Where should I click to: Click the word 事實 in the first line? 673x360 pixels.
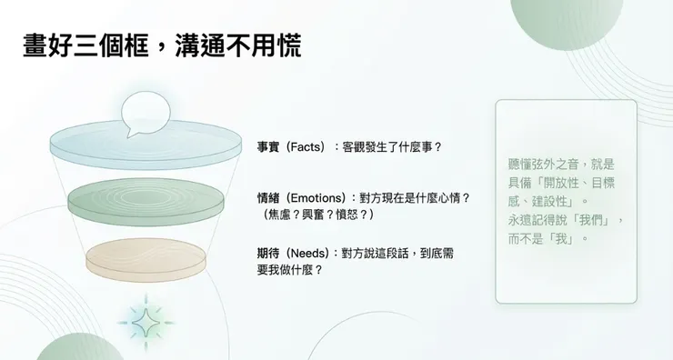268,146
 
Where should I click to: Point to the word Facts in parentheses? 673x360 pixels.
306,146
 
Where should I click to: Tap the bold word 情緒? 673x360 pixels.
268,197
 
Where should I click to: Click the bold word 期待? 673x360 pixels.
268,254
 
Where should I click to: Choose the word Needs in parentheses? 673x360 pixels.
306,254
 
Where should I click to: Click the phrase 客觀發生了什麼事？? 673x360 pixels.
392,146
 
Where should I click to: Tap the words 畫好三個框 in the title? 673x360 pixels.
82,46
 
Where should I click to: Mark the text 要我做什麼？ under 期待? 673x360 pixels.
290,270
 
